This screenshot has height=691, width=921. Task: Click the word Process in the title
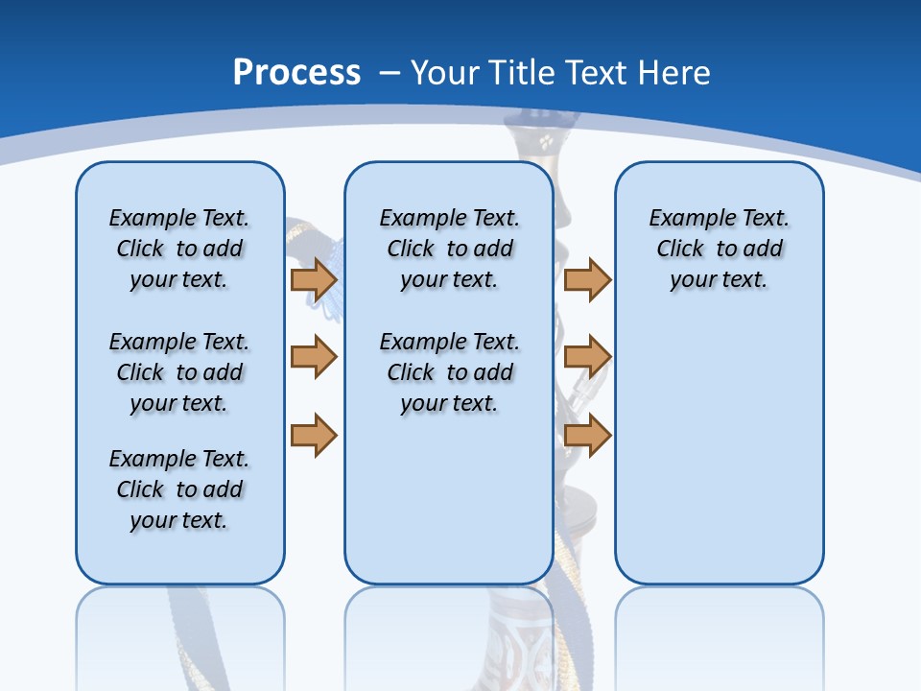coord(296,73)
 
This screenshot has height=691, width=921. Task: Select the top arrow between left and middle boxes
coord(314,280)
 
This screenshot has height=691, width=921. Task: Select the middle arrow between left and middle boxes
coord(314,357)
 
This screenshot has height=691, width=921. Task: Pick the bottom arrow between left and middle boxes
coord(314,435)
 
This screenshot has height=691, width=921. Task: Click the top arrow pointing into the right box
coord(587,280)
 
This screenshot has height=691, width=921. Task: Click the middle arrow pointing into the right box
coord(587,357)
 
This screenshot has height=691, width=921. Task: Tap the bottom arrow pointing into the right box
coord(587,435)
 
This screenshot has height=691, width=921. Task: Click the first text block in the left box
coord(179,249)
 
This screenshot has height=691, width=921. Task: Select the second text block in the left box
coord(179,372)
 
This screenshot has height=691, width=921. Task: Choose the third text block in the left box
coord(179,489)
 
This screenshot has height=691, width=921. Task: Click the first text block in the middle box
coord(449,249)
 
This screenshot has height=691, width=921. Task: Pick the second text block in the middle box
coord(449,372)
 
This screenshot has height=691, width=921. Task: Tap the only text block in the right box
coord(719,249)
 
